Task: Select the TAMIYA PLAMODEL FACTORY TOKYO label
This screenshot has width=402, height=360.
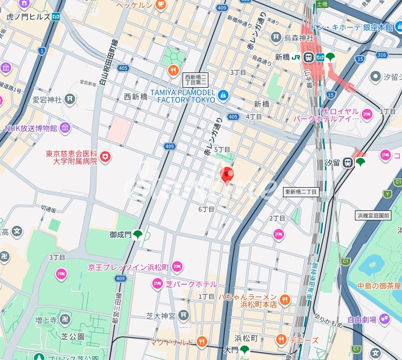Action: click(x=182, y=96)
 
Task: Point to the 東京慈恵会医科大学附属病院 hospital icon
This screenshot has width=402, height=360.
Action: click(x=105, y=157)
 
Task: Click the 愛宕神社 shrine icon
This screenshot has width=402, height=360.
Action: click(x=70, y=99)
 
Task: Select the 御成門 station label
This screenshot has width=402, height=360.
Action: click(x=120, y=234)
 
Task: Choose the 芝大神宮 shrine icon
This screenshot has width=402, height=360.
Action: click(x=183, y=316)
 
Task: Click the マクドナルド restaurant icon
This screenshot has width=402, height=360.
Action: click(x=201, y=342)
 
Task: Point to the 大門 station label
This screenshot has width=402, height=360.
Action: click(x=231, y=350)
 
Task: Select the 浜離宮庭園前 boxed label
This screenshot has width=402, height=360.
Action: click(x=372, y=215)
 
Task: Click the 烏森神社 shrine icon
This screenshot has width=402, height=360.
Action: click(x=276, y=37)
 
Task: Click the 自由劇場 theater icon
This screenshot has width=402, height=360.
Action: click(x=384, y=319)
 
